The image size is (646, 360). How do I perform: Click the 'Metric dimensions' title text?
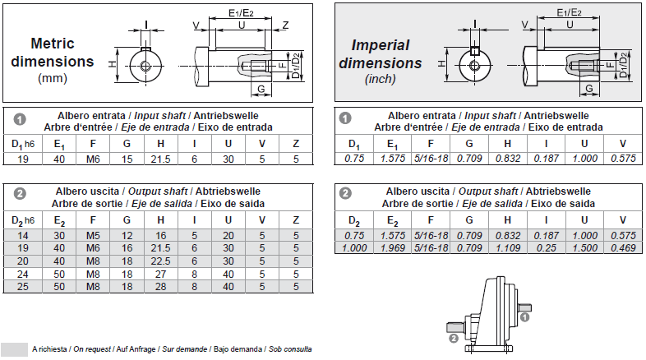point(62,52)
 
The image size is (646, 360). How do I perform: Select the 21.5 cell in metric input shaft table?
point(160,159)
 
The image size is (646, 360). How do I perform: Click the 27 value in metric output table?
point(160,274)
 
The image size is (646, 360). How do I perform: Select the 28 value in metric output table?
point(160,286)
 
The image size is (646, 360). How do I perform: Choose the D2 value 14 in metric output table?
point(24,235)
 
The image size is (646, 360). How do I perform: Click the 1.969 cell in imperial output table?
point(391,247)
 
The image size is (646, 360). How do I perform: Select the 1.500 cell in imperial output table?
point(585,247)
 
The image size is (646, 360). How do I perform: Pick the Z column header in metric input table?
point(296,145)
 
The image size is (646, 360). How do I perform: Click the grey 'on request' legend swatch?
point(14,348)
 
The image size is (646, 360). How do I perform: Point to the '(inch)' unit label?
point(379,80)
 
